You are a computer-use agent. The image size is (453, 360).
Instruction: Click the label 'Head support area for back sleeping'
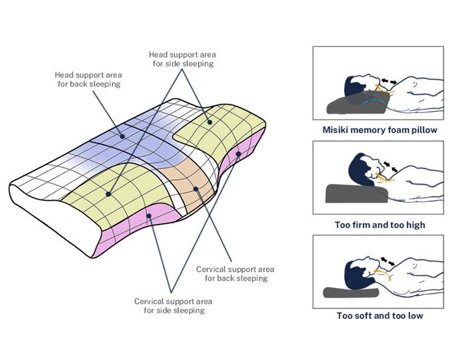coord(87,79)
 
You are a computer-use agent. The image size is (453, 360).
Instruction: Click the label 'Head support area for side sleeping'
coord(181,59)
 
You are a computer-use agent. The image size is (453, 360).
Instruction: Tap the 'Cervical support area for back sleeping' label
coord(235,273)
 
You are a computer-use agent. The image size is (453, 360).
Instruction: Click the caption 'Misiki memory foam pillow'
coord(380,129)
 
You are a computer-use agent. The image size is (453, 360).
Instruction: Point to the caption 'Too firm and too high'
coord(380,224)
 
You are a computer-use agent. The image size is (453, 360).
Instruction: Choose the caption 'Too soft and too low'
coord(380,315)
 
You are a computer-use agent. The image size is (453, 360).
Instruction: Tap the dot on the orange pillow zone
coord(196,189)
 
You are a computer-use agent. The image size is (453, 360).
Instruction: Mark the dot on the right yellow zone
coord(210,122)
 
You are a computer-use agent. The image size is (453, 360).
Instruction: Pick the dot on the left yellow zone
coord(108,194)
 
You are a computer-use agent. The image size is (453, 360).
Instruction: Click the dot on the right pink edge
coord(238,154)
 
